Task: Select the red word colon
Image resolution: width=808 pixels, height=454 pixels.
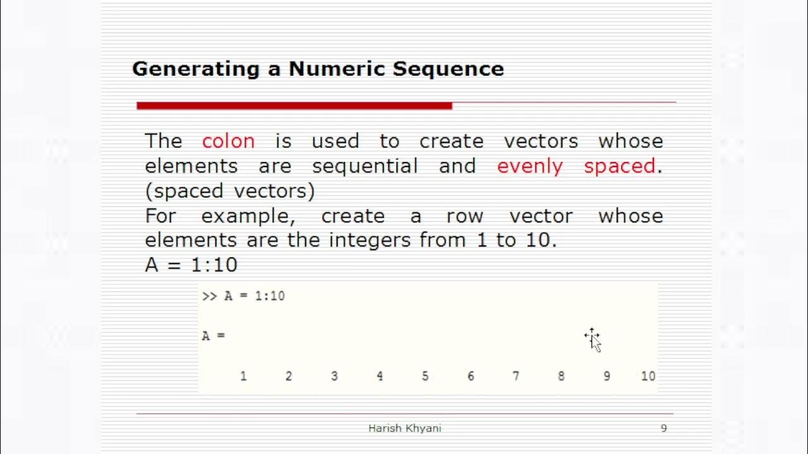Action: click(228, 141)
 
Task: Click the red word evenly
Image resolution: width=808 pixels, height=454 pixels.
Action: click(529, 166)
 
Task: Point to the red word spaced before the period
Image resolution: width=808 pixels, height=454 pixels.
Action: click(619, 166)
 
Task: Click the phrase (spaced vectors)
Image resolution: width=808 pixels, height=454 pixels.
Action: click(229, 190)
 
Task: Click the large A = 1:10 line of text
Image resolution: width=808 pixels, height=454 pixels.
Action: click(191, 264)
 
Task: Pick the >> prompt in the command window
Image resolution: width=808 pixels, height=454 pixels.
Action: click(210, 296)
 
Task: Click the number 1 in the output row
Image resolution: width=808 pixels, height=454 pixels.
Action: click(244, 376)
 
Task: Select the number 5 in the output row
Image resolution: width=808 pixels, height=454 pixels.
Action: click(425, 376)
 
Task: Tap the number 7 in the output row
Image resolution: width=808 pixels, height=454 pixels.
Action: click(516, 376)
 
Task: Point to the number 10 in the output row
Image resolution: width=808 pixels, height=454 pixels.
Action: click(648, 376)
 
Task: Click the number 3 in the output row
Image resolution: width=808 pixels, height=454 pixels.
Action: click(334, 376)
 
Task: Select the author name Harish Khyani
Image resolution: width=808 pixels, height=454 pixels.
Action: click(405, 429)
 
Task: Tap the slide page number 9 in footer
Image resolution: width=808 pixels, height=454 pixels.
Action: click(663, 429)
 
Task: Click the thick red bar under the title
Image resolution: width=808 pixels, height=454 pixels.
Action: click(294, 105)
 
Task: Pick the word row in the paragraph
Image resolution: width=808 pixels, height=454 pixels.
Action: click(465, 216)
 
